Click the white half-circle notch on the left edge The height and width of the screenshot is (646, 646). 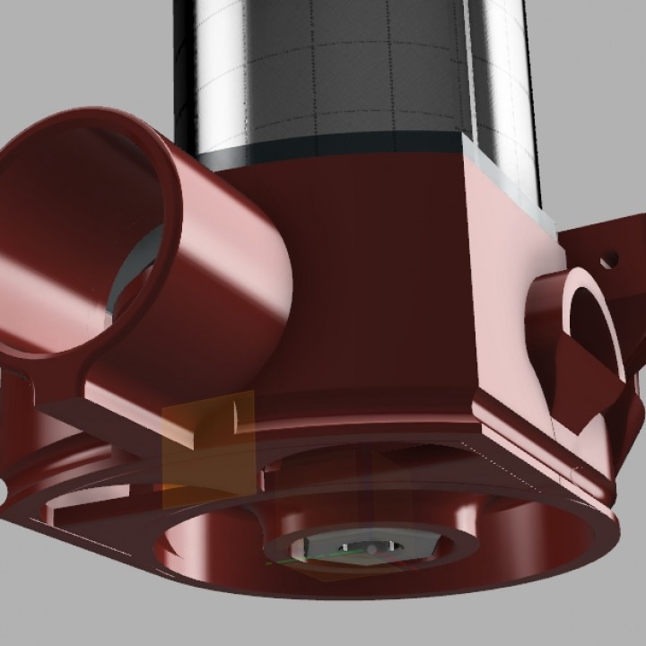[3, 489]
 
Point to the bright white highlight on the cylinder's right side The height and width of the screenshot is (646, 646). [516, 81]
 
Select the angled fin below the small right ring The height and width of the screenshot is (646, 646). [597, 404]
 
